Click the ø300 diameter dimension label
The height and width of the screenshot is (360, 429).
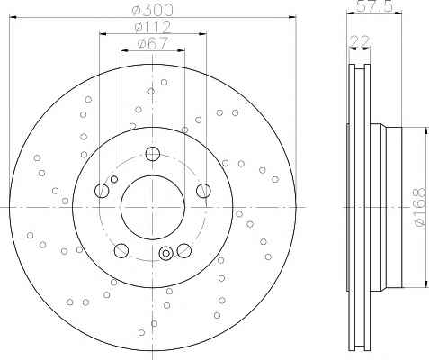tap(153, 10)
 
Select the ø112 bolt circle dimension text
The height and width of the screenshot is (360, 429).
tap(153, 27)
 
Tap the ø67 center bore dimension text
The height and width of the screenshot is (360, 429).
tap(153, 44)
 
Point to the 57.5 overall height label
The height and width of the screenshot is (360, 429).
tap(374, 6)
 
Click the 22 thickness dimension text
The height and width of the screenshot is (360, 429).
tap(360, 41)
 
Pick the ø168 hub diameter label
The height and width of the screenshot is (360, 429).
tap(419, 207)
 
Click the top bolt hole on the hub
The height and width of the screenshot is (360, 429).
tap(153, 154)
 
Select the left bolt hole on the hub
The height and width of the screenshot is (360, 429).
tap(102, 191)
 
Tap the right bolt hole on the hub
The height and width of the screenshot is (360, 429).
tap(203, 191)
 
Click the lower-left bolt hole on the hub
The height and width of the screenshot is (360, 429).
tap(121, 250)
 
